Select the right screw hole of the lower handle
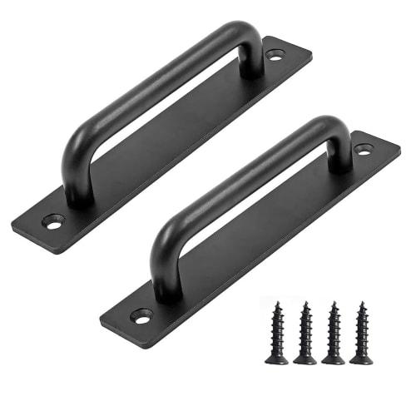tap(363, 150)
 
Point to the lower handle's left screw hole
tap(141, 316)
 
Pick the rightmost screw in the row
tap(361, 333)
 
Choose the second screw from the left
tap(305, 333)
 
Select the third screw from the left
tap(333, 333)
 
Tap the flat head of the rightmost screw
tap(361, 359)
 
